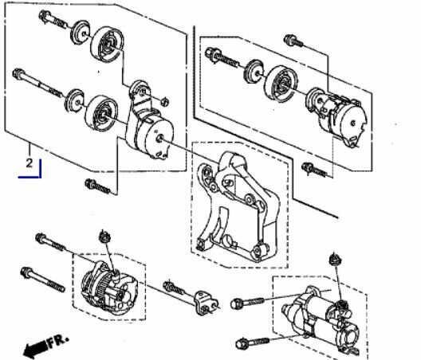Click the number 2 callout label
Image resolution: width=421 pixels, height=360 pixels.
pyautogui.click(x=30, y=162)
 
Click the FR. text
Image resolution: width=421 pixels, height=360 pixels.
pyautogui.click(x=57, y=340)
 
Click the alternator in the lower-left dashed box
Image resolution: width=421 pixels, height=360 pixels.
pyautogui.click(x=109, y=288)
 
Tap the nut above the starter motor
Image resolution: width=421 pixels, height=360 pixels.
pyautogui.click(x=336, y=259)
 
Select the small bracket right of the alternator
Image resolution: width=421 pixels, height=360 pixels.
pyautogui.click(x=206, y=303)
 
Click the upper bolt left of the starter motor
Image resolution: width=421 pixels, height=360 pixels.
pyautogui.click(x=247, y=303)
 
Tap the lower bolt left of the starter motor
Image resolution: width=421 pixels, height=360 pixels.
pyautogui.click(x=252, y=342)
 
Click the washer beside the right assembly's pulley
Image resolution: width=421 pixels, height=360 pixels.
pyautogui.click(x=254, y=71)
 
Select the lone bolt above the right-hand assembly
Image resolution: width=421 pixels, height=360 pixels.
pyautogui.click(x=293, y=41)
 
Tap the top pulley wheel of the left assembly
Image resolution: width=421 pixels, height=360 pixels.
pyautogui.click(x=108, y=45)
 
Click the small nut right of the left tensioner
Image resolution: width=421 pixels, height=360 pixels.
pyautogui.click(x=164, y=102)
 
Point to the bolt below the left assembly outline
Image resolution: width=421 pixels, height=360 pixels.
pyautogui.click(x=97, y=186)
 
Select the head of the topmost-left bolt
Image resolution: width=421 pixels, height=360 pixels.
pyautogui.click(x=45, y=15)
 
